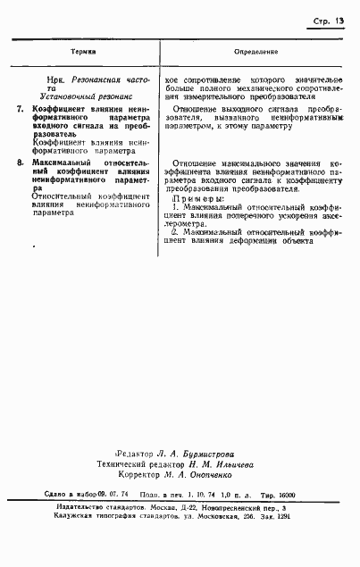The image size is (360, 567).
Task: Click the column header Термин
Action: (x=82, y=54)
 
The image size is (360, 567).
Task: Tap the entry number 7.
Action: (x=21, y=108)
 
